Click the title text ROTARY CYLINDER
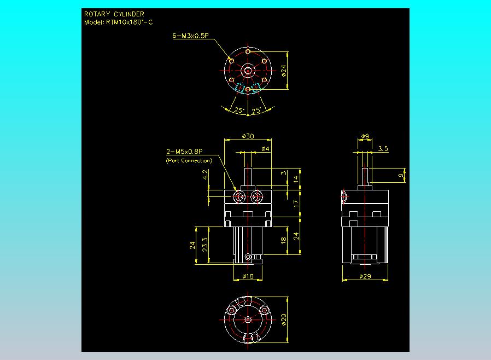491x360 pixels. [x=114, y=14]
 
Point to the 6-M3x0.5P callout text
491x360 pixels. [x=190, y=36]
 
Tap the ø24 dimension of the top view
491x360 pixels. [x=284, y=71]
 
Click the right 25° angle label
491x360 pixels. [x=256, y=110]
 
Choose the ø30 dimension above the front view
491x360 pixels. [x=248, y=136]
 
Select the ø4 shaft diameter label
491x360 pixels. [x=265, y=149]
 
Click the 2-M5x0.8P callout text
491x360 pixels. [x=184, y=152]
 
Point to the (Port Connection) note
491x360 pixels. [x=189, y=160]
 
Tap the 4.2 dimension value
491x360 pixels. [x=205, y=175]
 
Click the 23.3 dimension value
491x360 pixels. [x=205, y=245]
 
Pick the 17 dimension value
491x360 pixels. [x=296, y=204]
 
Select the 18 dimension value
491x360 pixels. [x=284, y=240]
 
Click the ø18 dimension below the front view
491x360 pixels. [x=248, y=276]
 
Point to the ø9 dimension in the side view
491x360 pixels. [x=365, y=136]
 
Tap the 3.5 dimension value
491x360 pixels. [x=383, y=148]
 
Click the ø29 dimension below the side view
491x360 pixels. [x=365, y=276]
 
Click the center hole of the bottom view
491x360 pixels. [x=248, y=320]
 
